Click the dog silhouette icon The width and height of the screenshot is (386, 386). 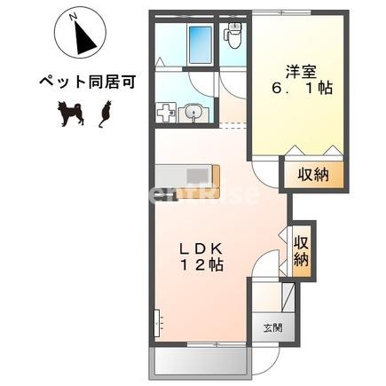(x=70, y=113)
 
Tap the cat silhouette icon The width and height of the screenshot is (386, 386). (x=105, y=113)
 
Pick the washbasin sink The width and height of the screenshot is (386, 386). (x=195, y=113)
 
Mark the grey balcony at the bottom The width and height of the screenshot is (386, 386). (x=201, y=359)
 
